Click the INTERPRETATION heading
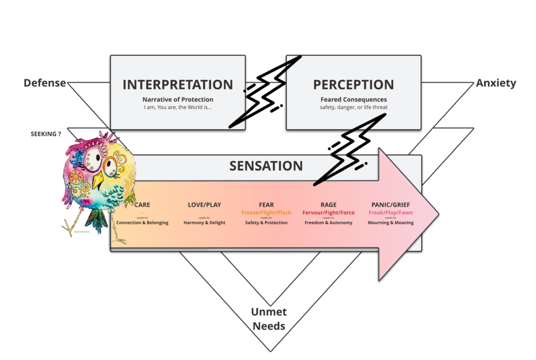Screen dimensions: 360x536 pyautogui.click(x=177, y=85)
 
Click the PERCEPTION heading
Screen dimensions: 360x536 pyautogui.click(x=353, y=85)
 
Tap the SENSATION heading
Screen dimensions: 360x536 pyautogui.click(x=266, y=166)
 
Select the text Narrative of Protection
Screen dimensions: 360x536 pyautogui.click(x=177, y=99)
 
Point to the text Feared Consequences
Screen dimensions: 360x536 pyautogui.click(x=353, y=99)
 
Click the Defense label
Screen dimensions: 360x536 pyautogui.click(x=45, y=83)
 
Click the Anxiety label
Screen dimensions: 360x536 pyautogui.click(x=496, y=83)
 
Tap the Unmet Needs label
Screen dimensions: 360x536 pyautogui.click(x=269, y=319)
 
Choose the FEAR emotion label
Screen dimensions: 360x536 pyautogui.click(x=266, y=205)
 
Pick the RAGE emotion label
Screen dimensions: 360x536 pyautogui.click(x=328, y=205)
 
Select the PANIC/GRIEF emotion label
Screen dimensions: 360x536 pyautogui.click(x=391, y=205)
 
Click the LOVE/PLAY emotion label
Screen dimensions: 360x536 pyautogui.click(x=204, y=205)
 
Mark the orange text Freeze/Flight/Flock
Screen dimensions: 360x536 pyautogui.click(x=266, y=212)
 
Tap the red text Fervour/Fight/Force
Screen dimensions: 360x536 pyautogui.click(x=328, y=212)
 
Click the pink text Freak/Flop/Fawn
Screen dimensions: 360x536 pyautogui.click(x=391, y=212)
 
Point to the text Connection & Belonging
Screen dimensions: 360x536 pyautogui.click(x=142, y=223)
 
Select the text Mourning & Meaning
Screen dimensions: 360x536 pyautogui.click(x=391, y=223)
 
